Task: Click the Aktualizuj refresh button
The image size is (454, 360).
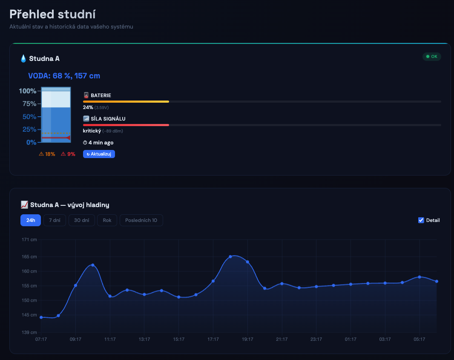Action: pyautogui.click(x=99, y=154)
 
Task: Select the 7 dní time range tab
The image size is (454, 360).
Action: pyautogui.click(x=55, y=220)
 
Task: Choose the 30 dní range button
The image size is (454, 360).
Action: pyautogui.click(x=81, y=220)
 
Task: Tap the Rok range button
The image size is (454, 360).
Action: pyautogui.click(x=107, y=220)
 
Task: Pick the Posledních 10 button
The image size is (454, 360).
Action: pyautogui.click(x=141, y=220)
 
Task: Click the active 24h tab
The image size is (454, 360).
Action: pyautogui.click(x=30, y=220)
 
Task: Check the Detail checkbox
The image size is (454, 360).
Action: pyautogui.click(x=421, y=220)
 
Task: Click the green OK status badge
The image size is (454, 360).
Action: pyautogui.click(x=431, y=57)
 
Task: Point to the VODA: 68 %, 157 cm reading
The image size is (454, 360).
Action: pyautogui.click(x=64, y=76)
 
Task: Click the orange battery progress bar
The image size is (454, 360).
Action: pyautogui.click(x=126, y=102)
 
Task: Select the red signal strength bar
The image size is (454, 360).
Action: pyautogui.click(x=126, y=125)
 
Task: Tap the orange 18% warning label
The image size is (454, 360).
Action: pyautogui.click(x=47, y=154)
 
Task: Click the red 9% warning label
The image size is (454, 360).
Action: pyautogui.click(x=68, y=154)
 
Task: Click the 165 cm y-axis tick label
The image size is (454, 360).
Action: pyautogui.click(x=29, y=257)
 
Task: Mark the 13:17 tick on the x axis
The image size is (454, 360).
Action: pyautogui.click(x=144, y=339)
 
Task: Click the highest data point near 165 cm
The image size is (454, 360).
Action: pyautogui.click(x=230, y=256)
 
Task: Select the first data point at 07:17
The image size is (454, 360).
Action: pyautogui.click(x=41, y=317)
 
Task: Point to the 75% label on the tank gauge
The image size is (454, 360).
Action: pyautogui.click(x=28, y=104)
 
